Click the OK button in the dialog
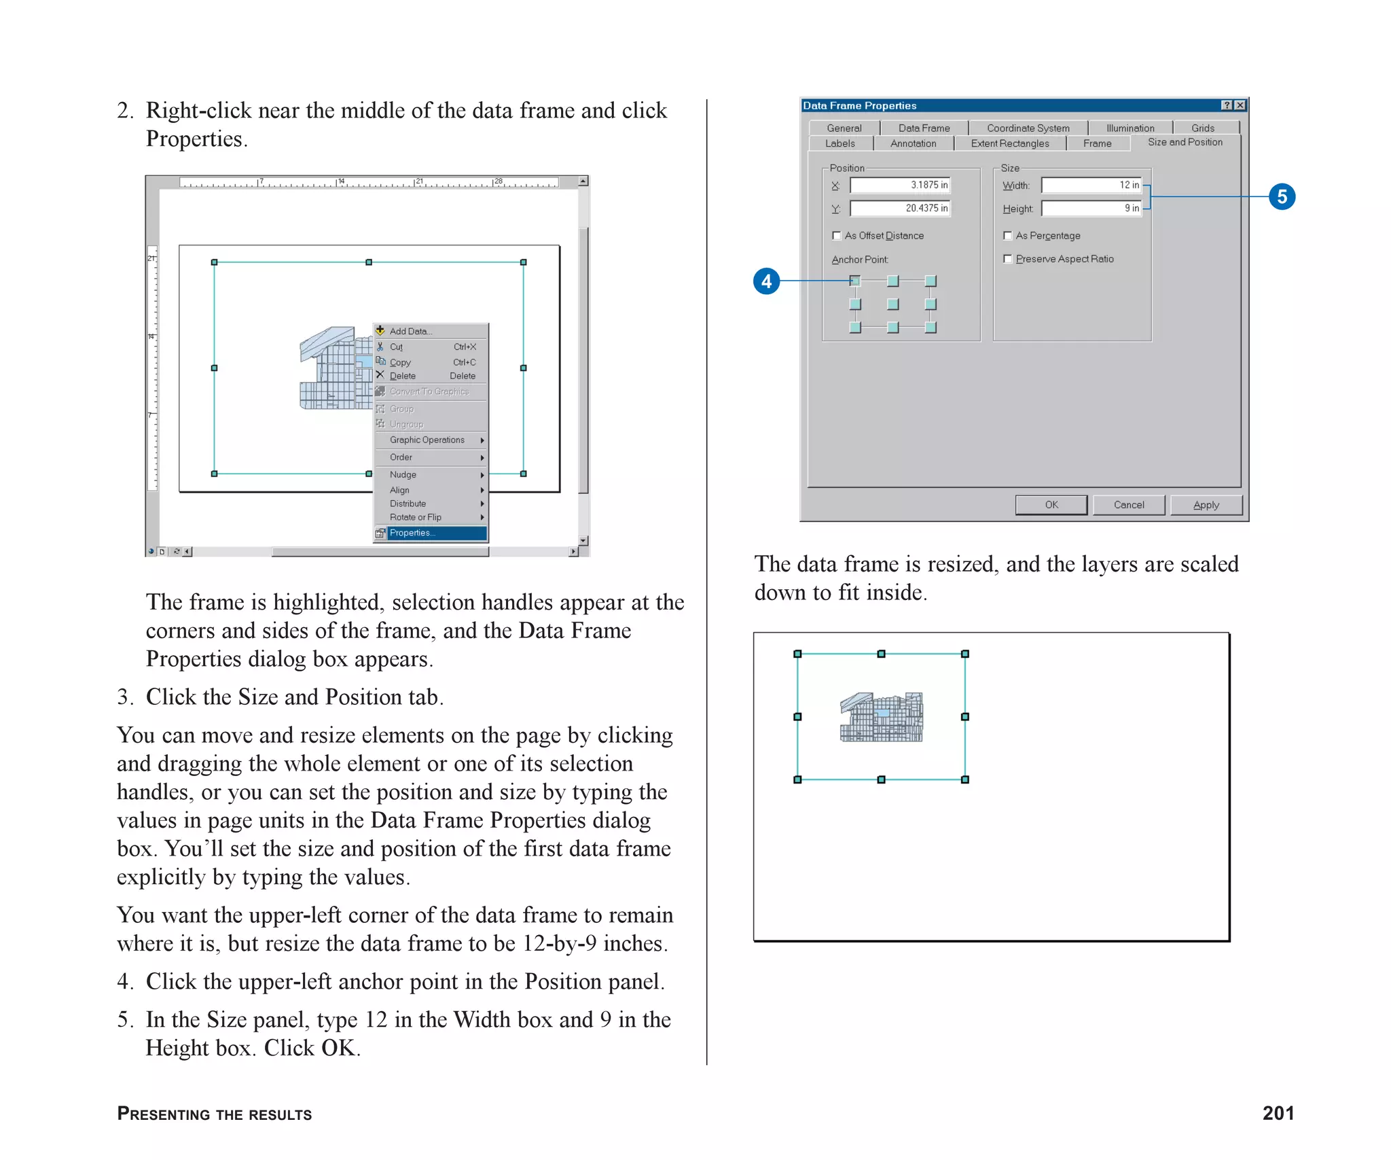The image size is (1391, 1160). pos(1051,505)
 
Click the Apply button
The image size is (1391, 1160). pos(1206,505)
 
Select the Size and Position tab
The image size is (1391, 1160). pos(1185,142)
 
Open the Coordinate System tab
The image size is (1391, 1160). pos(1028,128)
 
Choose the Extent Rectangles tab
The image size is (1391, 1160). pos(1009,143)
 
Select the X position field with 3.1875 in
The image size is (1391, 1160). pos(899,185)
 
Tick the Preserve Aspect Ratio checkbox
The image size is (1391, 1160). pos(1008,259)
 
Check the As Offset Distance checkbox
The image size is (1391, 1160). pos(837,236)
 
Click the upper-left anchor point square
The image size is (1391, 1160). pos(855,281)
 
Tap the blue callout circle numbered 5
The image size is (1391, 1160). pos(1282,196)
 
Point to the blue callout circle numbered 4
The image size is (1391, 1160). pos(766,281)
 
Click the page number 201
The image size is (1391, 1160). pos(1278,1113)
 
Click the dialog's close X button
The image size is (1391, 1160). pos(1240,105)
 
